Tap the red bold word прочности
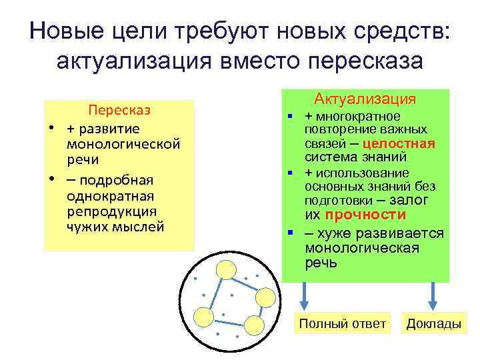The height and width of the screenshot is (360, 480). click(x=365, y=215)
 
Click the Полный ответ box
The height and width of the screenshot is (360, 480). click(x=342, y=324)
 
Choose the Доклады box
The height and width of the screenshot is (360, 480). click(x=433, y=324)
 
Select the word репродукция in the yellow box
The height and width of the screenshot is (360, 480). click(x=111, y=211)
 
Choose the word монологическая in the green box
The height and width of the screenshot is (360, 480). click(x=362, y=248)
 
